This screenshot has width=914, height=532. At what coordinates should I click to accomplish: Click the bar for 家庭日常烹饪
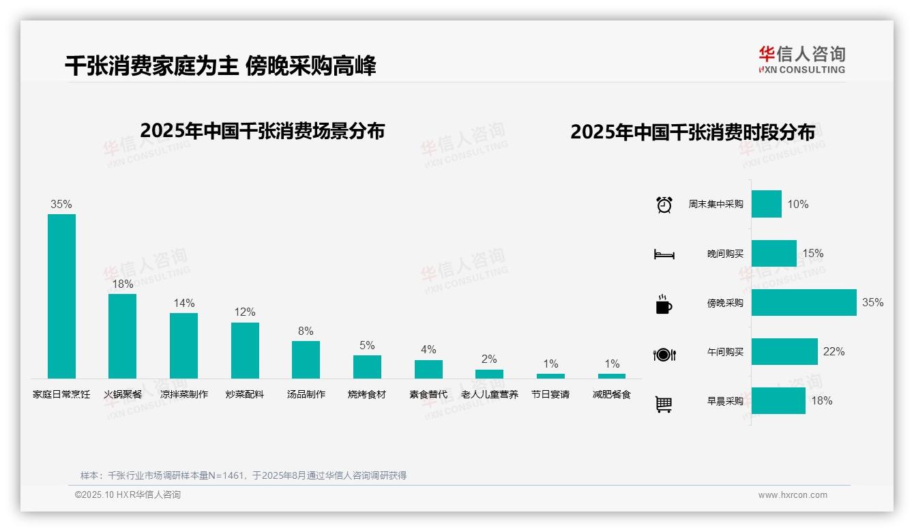point(61,296)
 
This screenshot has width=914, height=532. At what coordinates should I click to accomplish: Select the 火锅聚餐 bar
point(123,336)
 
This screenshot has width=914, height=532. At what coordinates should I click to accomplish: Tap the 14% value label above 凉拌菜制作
point(184,303)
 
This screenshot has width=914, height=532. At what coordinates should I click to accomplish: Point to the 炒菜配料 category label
point(245,394)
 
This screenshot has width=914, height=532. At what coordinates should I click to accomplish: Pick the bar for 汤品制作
point(306,359)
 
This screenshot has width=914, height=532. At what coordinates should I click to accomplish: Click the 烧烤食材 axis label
point(367,394)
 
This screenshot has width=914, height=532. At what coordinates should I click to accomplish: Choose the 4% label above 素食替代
point(428,350)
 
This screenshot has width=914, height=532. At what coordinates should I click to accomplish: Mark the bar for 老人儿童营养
point(489,374)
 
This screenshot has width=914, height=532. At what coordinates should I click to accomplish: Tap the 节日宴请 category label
point(550,394)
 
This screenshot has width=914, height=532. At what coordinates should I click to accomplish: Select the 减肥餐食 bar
point(612,376)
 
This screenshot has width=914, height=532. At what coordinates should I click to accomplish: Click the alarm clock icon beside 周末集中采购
point(664,205)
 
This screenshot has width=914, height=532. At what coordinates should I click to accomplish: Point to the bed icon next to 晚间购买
point(664,254)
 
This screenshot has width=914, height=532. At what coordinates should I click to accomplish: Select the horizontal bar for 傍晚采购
point(804,303)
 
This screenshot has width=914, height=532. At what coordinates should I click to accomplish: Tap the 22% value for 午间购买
point(834,352)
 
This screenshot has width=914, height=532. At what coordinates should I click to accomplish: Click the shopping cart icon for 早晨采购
point(664,404)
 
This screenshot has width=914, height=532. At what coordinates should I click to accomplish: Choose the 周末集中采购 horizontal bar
point(767,204)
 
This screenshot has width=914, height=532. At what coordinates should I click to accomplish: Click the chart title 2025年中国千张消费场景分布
point(263,131)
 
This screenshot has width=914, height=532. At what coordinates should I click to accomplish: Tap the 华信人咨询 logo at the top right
point(801,59)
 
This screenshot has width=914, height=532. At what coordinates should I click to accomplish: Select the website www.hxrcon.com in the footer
point(793,495)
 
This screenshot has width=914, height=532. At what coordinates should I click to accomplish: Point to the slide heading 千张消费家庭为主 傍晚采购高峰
point(220,66)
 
